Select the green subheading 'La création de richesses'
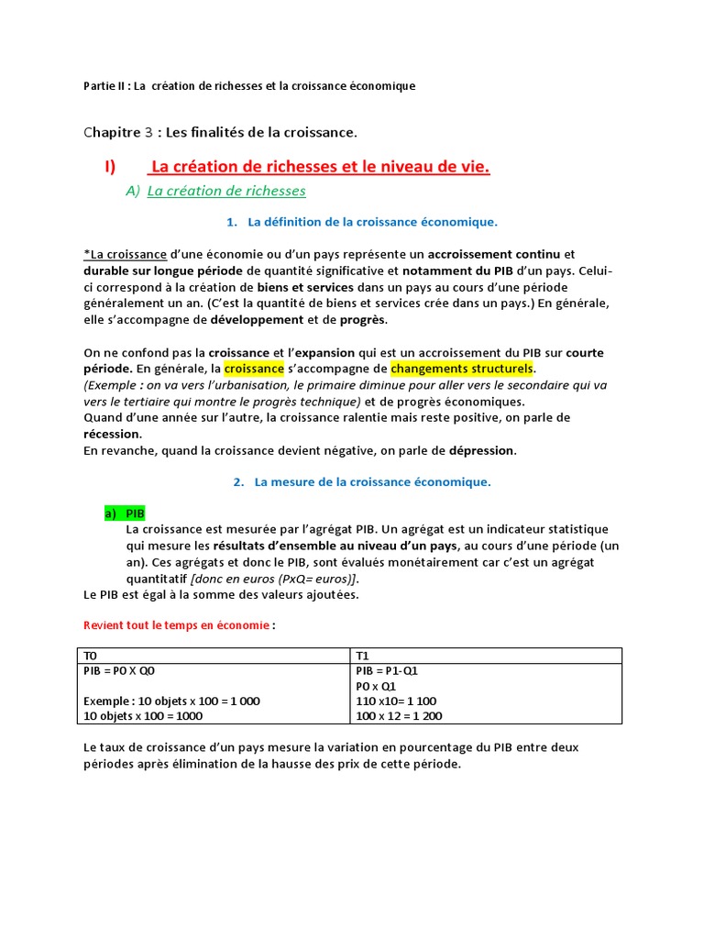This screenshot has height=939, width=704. tap(225, 191)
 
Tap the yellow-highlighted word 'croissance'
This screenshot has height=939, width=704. tap(254, 369)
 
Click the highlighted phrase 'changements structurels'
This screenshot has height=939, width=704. tap(462, 369)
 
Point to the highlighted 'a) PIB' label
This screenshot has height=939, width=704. tap(125, 513)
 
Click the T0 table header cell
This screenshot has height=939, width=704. tap(212, 656)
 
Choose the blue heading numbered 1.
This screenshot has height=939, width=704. tap(362, 222)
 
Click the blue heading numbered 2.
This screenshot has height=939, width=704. tap(362, 481)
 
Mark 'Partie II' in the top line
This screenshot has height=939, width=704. tap(103, 86)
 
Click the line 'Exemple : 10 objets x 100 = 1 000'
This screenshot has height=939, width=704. tap(171, 701)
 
